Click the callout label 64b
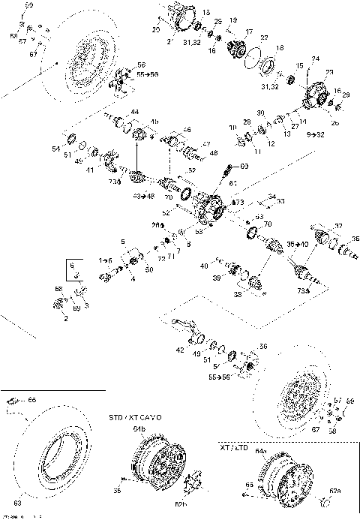[139, 429]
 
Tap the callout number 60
[244, 165]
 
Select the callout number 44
[134, 112]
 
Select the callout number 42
[179, 350]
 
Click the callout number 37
[338, 225]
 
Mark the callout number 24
[315, 59]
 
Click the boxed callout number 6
[72, 266]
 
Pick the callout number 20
[156, 29]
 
